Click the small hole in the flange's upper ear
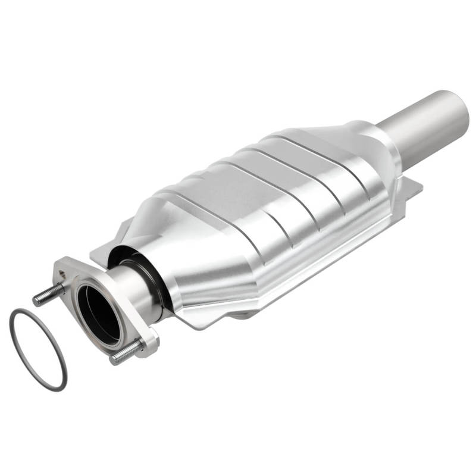pos(62,274)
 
